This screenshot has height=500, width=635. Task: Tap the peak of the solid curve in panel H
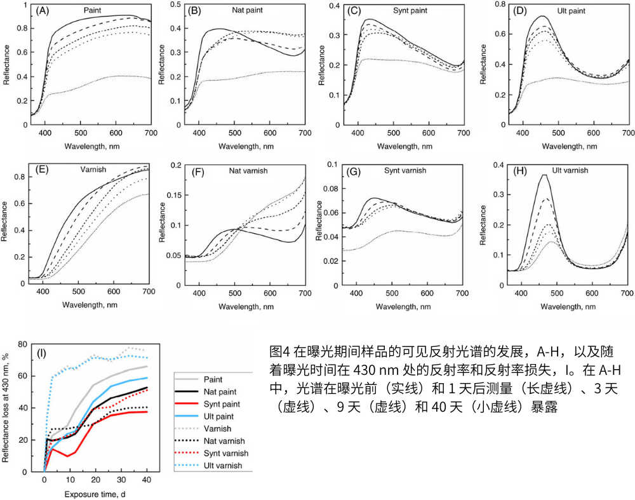[544, 175]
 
